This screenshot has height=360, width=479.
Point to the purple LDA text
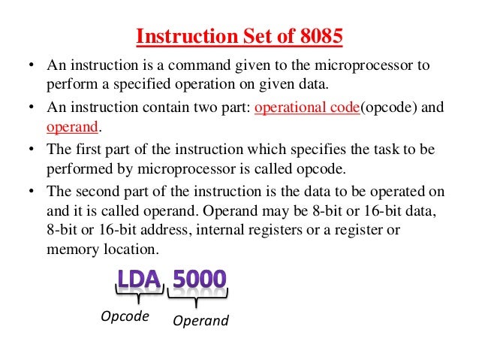click(140, 280)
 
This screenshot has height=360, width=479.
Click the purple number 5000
click(199, 280)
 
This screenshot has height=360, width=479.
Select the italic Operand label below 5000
click(200, 321)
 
